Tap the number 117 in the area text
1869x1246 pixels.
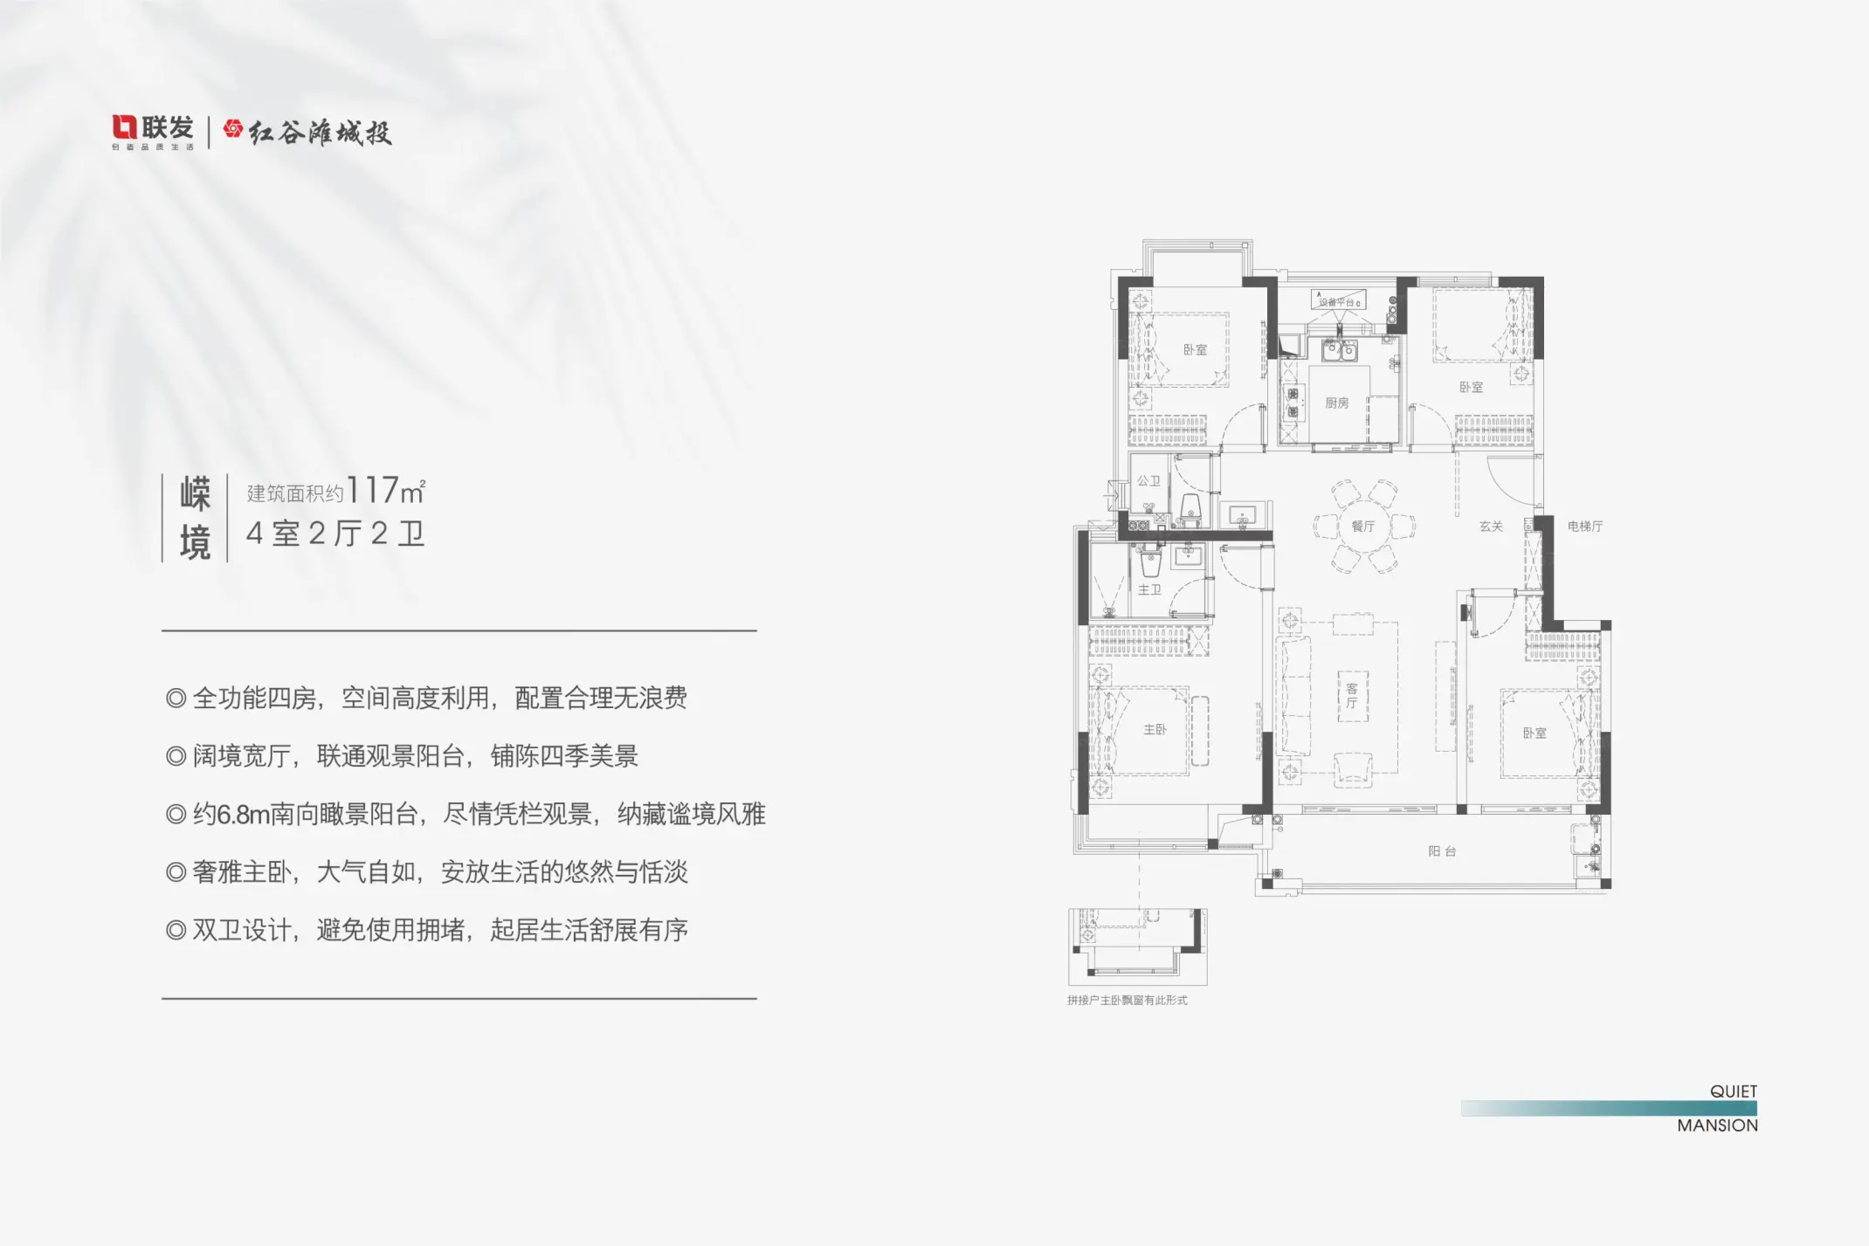[x=373, y=491]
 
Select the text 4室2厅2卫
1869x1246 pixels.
[x=335, y=534]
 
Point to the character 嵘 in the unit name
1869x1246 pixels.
[x=195, y=495]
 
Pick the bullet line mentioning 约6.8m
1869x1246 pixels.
[x=466, y=815]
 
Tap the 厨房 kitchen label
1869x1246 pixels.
[x=1336, y=403]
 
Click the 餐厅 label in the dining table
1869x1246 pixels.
[x=1362, y=527]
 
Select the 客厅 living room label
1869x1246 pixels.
[x=1352, y=696]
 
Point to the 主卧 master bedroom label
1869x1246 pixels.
[x=1155, y=730]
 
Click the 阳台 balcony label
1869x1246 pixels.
[x=1442, y=851]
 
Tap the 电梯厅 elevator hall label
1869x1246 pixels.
[x=1584, y=527]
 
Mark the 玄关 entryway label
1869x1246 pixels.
[x=1491, y=527]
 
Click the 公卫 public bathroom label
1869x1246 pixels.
[x=1148, y=481]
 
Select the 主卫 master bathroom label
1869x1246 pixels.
[x=1149, y=590]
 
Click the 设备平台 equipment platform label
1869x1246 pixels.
[x=1337, y=302]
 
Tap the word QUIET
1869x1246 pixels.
[x=1733, y=1091]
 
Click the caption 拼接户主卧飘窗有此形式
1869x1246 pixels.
[x=1127, y=1001]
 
